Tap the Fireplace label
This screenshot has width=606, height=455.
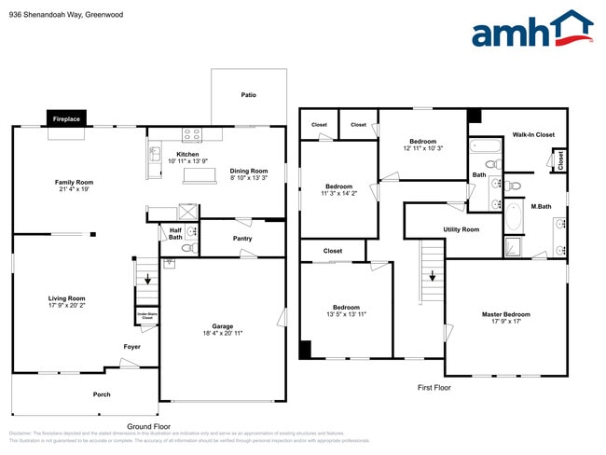click(x=66, y=119)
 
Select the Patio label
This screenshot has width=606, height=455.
click(x=249, y=94)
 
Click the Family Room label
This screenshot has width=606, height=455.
click(x=74, y=186)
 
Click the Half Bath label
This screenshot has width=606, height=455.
click(x=174, y=233)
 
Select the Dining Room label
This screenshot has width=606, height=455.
click(x=249, y=173)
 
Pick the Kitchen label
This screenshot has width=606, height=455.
click(x=188, y=158)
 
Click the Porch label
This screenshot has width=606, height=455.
click(x=102, y=394)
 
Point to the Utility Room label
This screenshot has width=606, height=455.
click(x=461, y=229)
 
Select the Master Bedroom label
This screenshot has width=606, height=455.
click(x=505, y=318)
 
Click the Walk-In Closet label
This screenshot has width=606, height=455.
click(x=533, y=134)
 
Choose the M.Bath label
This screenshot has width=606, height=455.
click(x=541, y=206)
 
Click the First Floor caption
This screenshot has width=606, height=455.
click(x=433, y=386)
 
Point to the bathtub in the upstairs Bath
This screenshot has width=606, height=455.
click(x=484, y=145)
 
